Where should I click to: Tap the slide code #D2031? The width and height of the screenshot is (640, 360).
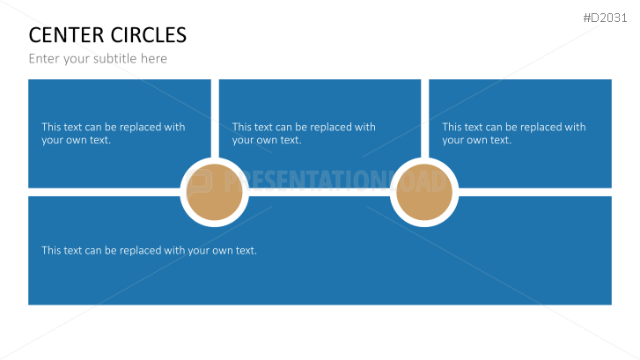[605, 18]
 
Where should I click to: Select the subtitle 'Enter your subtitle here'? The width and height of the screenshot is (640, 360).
[98, 59]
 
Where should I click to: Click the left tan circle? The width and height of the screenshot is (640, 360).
[214, 192]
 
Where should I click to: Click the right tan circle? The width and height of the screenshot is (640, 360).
[424, 192]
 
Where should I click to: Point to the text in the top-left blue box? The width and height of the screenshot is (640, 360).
[114, 134]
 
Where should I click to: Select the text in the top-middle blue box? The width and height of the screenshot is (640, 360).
[304, 134]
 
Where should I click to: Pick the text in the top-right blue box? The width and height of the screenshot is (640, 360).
[514, 134]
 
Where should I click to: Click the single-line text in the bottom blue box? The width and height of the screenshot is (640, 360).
[149, 250]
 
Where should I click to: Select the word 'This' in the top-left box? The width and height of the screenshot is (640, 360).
[51, 127]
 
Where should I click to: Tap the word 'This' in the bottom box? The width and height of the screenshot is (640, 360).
[51, 250]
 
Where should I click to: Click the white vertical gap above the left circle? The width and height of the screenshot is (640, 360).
[215, 119]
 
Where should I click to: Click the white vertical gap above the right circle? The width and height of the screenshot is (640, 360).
[425, 119]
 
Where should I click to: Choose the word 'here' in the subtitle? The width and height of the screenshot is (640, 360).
[154, 59]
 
